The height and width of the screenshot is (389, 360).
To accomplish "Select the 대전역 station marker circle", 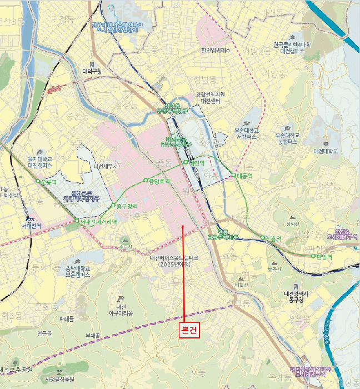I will (x=186, y=162).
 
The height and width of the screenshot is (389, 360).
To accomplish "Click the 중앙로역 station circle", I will (x=146, y=180).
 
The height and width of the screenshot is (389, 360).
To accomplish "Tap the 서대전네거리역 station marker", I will (x=77, y=221).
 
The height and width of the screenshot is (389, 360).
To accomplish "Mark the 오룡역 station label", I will (x=49, y=182).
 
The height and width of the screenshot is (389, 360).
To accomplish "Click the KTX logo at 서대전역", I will (x=30, y=219).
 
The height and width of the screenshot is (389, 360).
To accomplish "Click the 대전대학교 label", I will (x=326, y=151).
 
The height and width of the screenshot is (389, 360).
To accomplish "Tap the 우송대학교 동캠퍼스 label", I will (x=287, y=138).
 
